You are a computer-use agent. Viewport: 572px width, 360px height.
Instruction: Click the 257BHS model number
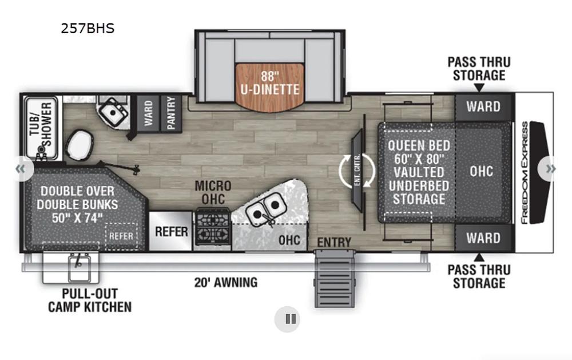(88, 29)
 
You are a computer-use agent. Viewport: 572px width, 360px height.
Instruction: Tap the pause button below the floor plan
(288, 319)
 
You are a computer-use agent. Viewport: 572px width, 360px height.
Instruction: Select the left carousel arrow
(21, 169)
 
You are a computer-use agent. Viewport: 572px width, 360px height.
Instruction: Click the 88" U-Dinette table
(269, 87)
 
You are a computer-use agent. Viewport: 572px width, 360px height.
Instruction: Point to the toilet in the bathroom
(79, 146)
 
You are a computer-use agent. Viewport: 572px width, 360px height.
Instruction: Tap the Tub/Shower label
(41, 125)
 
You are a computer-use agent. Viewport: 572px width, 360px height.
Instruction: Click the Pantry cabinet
(171, 113)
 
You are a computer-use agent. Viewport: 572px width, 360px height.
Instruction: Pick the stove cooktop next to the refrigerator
(213, 227)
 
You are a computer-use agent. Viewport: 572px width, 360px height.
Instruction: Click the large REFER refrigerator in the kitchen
(170, 231)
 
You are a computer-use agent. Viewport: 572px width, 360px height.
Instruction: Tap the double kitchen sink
(265, 209)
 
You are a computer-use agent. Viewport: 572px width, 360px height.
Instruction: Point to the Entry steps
(335, 278)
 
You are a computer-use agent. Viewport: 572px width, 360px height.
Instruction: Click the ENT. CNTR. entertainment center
(357, 170)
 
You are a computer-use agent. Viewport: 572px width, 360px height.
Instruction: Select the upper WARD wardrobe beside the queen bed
(484, 107)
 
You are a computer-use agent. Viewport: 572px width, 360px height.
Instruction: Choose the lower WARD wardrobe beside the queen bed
(484, 238)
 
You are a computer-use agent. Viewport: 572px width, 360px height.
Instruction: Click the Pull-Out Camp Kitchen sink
(79, 267)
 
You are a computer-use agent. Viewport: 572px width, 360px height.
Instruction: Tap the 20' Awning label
(226, 282)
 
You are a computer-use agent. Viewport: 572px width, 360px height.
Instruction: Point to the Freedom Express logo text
(525, 172)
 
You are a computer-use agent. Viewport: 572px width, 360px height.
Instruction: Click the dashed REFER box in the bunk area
(121, 236)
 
